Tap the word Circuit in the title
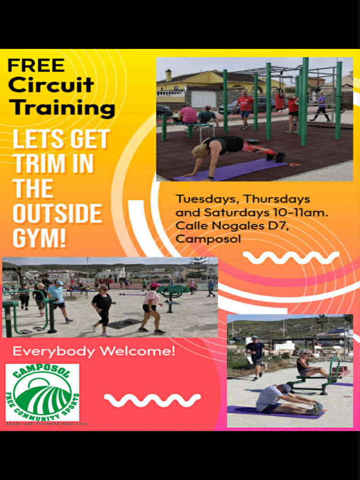[x=51, y=85]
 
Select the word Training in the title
[x=61, y=108]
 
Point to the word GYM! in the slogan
[x=39, y=239]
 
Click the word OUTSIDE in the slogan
[x=58, y=214]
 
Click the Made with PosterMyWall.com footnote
[x=47, y=424]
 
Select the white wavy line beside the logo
[x=152, y=400]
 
